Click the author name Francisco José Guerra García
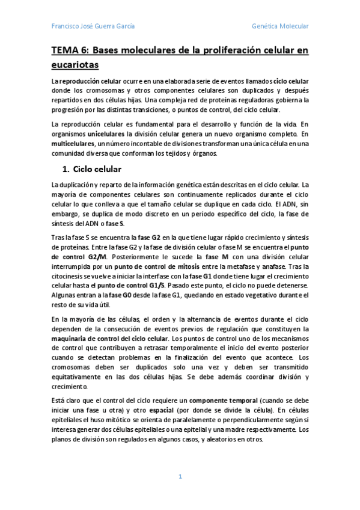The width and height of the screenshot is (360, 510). pyautogui.click(x=93, y=26)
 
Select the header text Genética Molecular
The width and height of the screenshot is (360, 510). pyautogui.click(x=279, y=26)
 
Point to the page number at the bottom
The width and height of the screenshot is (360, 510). pyautogui.click(x=179, y=476)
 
